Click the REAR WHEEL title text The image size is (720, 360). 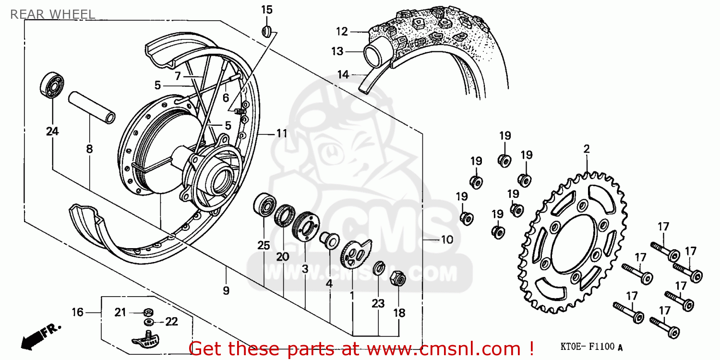tap(52, 14)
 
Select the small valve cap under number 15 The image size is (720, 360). tap(267, 32)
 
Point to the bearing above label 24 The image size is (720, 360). tap(52, 85)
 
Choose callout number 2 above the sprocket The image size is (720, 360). tap(586, 149)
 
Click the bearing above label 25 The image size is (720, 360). tap(264, 206)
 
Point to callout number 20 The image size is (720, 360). tap(283, 257)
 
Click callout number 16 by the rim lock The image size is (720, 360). tap(77, 312)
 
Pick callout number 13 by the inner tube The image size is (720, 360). tap(337, 51)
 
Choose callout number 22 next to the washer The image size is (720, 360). tap(171, 322)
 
